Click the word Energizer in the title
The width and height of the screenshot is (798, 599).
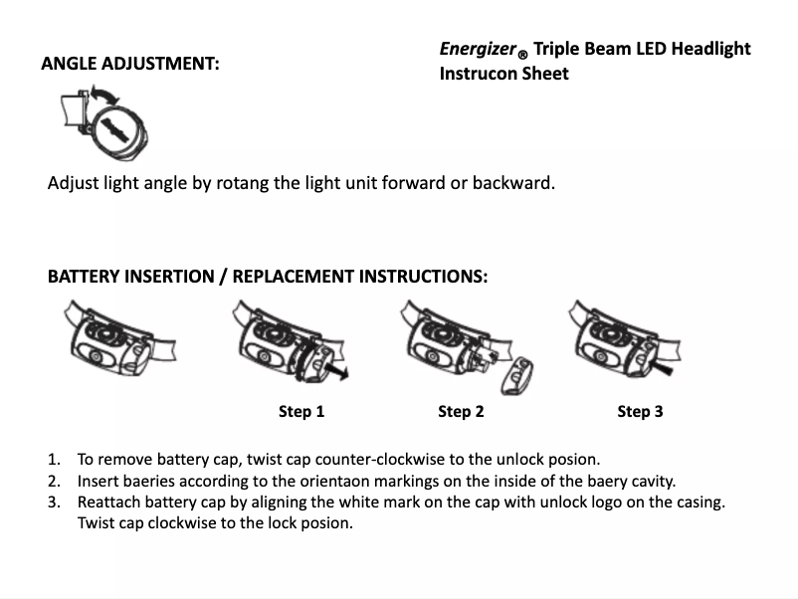point(478,49)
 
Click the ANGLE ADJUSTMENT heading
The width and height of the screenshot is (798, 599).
point(130,64)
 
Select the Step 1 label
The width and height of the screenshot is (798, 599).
point(301,411)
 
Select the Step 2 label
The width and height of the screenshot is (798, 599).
point(461,411)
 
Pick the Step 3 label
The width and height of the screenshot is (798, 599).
point(640,411)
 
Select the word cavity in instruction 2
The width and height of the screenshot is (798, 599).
point(651,481)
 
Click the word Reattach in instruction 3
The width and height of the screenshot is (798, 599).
point(109,501)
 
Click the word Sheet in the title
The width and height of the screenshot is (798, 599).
point(545,74)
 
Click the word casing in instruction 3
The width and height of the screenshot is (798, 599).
point(698,501)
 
